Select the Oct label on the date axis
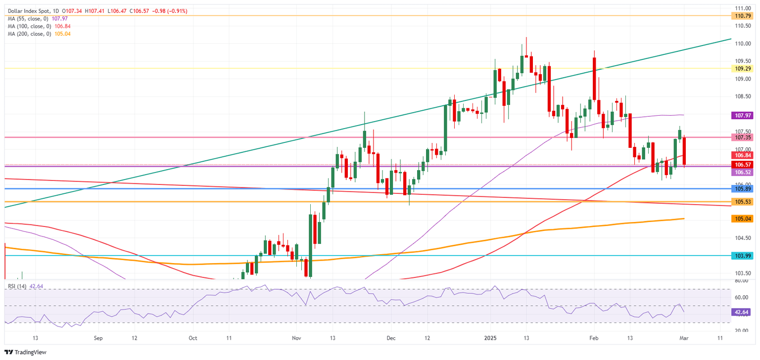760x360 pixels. click(x=193, y=338)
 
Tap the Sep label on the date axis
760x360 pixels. click(x=98, y=338)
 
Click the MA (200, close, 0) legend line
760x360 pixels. click(x=30, y=34)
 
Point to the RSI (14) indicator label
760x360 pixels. click(x=17, y=286)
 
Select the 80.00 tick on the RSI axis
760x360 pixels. click(x=741, y=281)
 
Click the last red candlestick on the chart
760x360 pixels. click(x=684, y=151)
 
